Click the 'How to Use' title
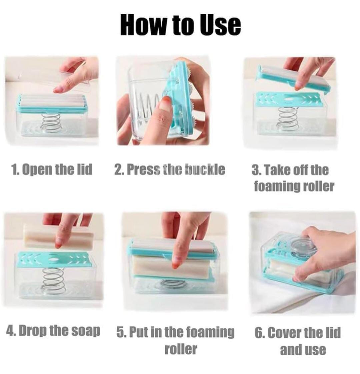click(x=180, y=25)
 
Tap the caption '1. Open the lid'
click(x=52, y=169)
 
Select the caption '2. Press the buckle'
click(x=170, y=169)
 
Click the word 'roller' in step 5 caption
click(x=181, y=349)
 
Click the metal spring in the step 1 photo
click(x=51, y=123)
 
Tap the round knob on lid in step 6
click(x=302, y=247)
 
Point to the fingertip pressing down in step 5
click(x=177, y=264)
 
